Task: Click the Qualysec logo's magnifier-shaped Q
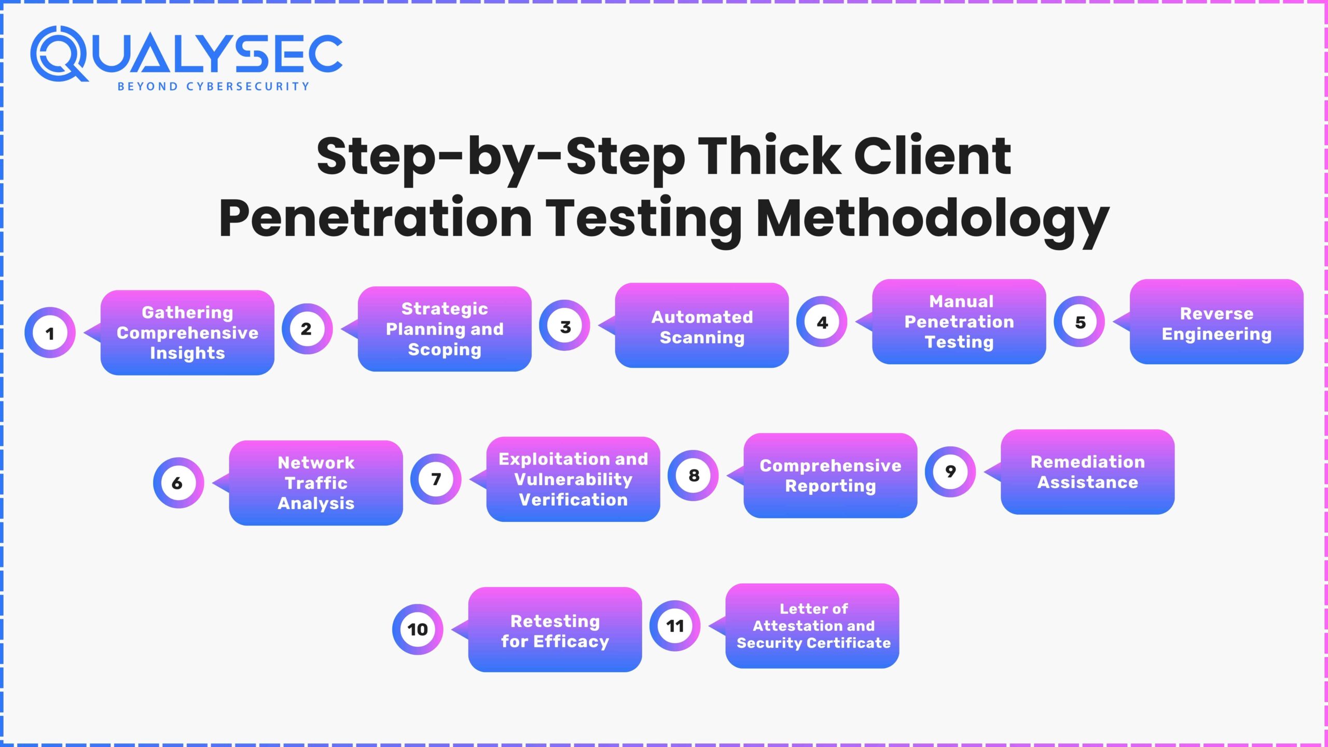pos(58,54)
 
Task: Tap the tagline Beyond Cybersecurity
pos(213,87)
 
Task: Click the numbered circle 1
pos(50,333)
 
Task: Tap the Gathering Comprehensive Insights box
pos(187,333)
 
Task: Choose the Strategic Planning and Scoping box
pos(445,329)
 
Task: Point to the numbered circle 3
pos(564,326)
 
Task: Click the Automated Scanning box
pos(702,326)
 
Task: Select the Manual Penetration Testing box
pos(959,322)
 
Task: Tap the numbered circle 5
pos(1080,322)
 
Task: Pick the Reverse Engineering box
pos(1216,322)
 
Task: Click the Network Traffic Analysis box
pos(316,483)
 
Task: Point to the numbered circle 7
pos(436,479)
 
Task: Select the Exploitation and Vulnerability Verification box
pos(573,479)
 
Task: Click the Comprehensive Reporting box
pos(831,476)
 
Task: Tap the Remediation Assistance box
pos(1088,472)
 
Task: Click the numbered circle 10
pos(418,629)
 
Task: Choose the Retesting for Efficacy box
pos(555,630)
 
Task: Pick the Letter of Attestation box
pos(812,626)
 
